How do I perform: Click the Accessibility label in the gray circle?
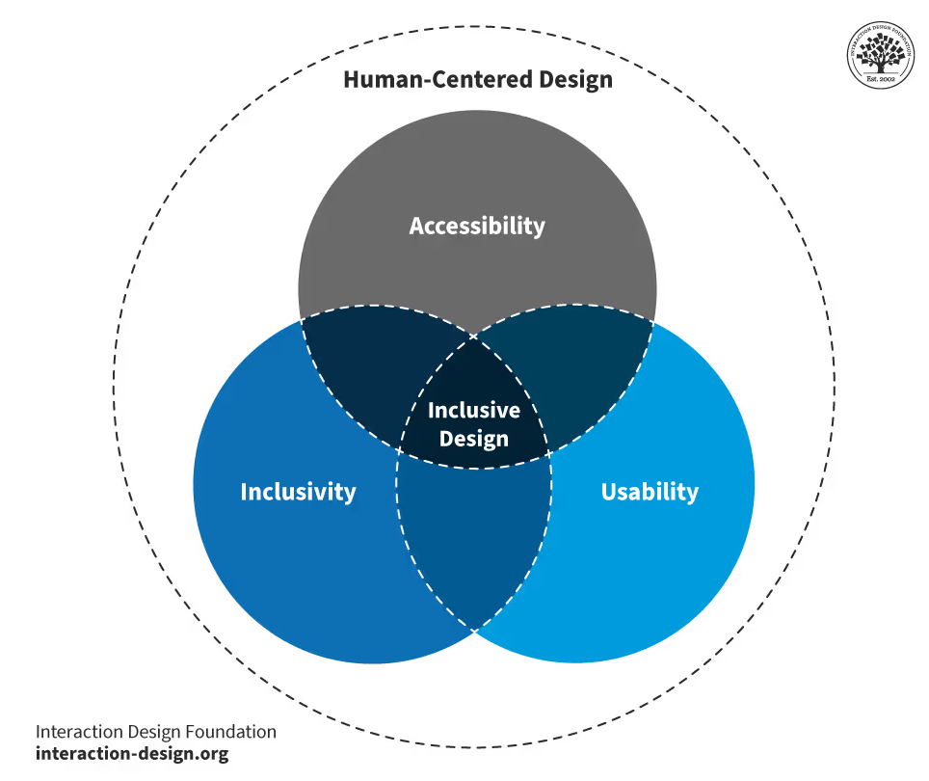[477, 226]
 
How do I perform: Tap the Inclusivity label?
[298, 492]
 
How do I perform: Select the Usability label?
[650, 492]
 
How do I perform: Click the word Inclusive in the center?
[473, 410]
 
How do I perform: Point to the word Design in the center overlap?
[473, 439]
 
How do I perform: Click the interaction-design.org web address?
[132, 754]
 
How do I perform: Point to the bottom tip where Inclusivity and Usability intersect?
[474, 631]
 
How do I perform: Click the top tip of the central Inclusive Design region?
[474, 336]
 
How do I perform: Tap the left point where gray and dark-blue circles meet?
[302, 318]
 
